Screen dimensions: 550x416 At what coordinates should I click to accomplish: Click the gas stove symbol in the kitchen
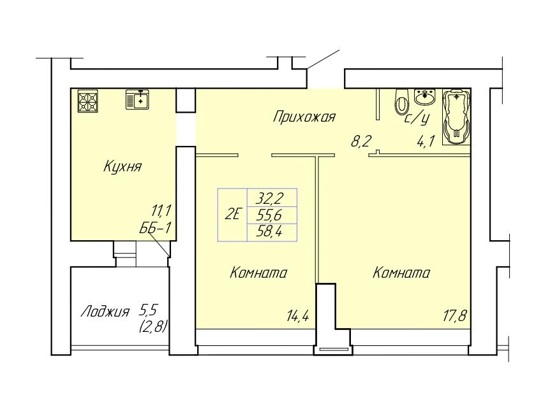pos(87,101)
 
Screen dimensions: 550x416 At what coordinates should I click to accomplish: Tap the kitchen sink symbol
pos(138,99)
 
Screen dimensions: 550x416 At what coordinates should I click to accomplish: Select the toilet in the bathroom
pos(401,101)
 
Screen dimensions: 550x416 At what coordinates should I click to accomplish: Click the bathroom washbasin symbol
pos(425,96)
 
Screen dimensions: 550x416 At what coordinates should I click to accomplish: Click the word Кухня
pos(123,166)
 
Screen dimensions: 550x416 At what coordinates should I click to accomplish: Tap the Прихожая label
pos(304,117)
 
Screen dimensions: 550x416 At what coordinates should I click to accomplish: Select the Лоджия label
pos(105,312)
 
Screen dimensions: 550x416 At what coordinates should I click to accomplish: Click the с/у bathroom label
pos(417,119)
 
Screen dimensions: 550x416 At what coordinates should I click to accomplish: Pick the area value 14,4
pos(297,317)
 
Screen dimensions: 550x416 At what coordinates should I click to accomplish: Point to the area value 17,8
pos(454,317)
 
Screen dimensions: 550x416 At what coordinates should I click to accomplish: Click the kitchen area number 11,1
pos(161,211)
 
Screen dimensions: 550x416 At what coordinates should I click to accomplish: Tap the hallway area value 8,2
pos(361,142)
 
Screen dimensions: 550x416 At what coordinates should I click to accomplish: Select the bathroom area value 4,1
pos(426,142)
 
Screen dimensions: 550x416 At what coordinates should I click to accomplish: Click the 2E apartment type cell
pos(232,215)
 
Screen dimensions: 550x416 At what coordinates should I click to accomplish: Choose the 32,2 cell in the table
pos(272,198)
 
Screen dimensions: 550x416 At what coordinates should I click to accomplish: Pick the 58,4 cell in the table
pos(272,233)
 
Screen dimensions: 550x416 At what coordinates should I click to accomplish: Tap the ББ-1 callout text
pos(156,228)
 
